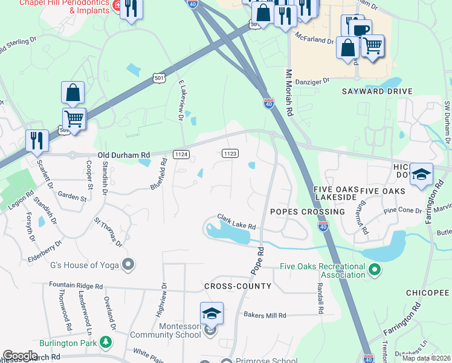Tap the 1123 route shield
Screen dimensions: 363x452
tap(229, 154)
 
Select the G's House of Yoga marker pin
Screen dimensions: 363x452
tap(128, 264)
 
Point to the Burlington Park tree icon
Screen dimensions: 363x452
tap(106, 342)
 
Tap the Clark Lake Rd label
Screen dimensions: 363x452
tap(237, 222)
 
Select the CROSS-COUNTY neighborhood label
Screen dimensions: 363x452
tap(237, 286)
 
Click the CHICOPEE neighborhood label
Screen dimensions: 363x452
tap(428, 293)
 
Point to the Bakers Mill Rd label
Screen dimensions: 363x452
tap(265, 315)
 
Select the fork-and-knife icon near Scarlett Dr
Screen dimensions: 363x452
tap(37, 140)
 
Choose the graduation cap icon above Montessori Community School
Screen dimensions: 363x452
tap(211, 313)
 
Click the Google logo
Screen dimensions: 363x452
tap(20, 356)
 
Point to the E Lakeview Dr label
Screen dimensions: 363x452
tap(180, 100)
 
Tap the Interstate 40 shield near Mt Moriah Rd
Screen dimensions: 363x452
tap(268, 104)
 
